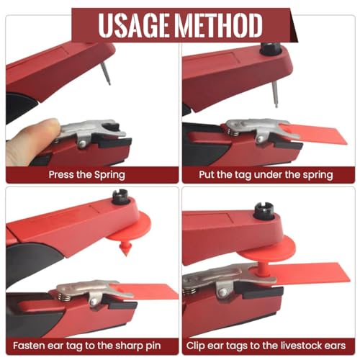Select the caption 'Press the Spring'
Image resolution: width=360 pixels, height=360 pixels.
pyautogui.click(x=87, y=174)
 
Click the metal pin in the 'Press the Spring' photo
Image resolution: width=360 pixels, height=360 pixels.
pyautogui.click(x=106, y=73)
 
